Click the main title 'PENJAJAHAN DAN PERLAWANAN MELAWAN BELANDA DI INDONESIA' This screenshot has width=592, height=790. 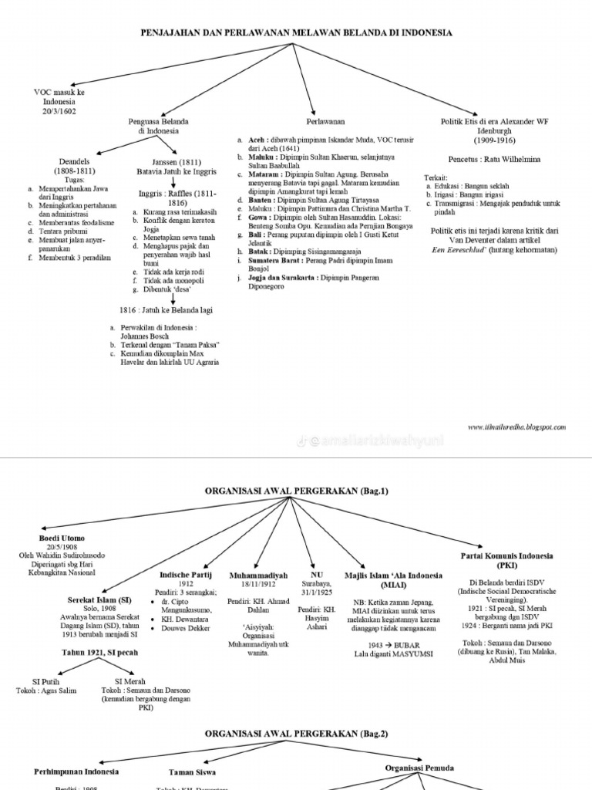(295, 33)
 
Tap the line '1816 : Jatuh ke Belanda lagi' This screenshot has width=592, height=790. (165, 309)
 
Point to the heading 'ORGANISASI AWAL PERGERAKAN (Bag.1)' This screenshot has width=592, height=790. (295, 490)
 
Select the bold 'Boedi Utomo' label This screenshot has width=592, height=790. (62, 537)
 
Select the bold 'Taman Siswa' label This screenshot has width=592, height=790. (193, 771)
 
